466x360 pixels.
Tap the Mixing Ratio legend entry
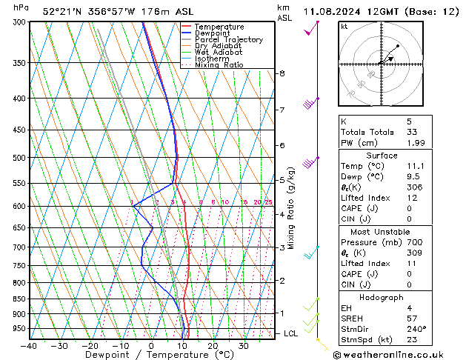(x=219, y=65)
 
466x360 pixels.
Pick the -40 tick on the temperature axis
(x=29, y=346)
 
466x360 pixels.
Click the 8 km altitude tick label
(x=282, y=73)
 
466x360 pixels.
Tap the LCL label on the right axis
(x=291, y=333)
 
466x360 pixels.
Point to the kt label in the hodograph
(x=344, y=26)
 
